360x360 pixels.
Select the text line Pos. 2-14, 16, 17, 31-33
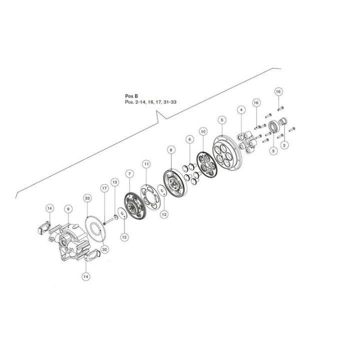150,102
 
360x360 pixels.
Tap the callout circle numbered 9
67,208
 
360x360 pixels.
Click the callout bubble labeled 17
104,188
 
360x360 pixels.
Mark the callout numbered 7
129,173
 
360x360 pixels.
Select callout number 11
146,163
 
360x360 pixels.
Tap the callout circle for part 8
171,149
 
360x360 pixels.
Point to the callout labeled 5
222,120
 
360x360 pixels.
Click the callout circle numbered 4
241,109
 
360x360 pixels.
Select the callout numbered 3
273,150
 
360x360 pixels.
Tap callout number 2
285,145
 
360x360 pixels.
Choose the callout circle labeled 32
105,248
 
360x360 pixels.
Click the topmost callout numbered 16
279,91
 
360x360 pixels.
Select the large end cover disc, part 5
228,152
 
